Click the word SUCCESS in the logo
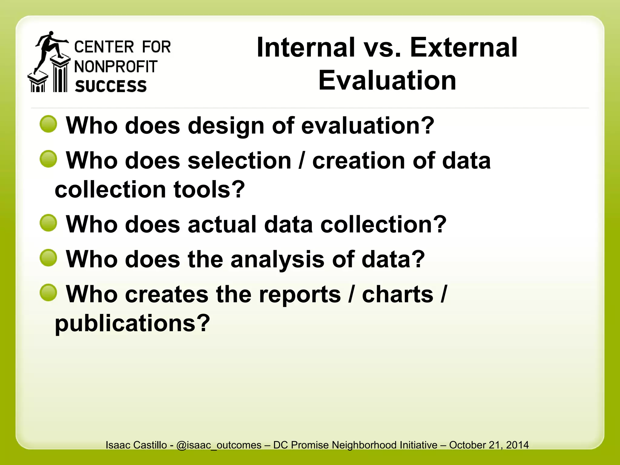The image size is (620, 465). tap(111, 86)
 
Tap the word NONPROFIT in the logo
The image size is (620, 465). tap(116, 67)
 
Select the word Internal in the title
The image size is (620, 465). tap(306, 48)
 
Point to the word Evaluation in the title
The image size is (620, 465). tap(387, 81)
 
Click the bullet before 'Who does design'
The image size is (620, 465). tap(48, 124)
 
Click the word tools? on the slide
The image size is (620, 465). tap(209, 190)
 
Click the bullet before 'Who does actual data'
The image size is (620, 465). tap(48, 223)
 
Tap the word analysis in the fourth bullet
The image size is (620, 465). tap(277, 259)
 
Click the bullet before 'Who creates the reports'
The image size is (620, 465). tap(48, 293)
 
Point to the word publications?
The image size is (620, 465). tap(132, 323)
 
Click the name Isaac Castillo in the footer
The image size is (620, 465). tap(136, 445)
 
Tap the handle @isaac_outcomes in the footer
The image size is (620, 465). tap(219, 445)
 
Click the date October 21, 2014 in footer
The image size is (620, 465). tap(489, 445)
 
